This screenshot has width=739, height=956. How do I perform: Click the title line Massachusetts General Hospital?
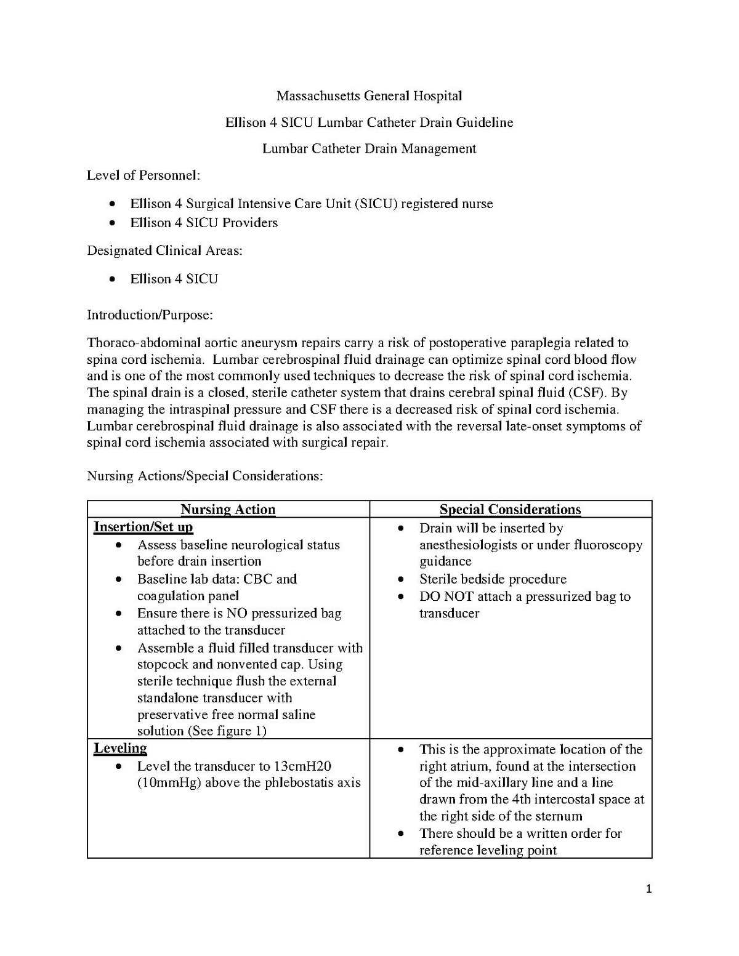(369, 96)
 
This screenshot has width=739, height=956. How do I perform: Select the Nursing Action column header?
(228, 510)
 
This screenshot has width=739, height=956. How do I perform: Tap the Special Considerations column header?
(510, 510)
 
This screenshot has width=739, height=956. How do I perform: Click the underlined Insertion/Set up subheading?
(143, 527)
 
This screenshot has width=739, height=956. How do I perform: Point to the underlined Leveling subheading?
(120, 749)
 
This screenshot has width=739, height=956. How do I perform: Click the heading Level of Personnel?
(143, 175)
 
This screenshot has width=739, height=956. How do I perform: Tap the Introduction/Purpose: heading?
(150, 315)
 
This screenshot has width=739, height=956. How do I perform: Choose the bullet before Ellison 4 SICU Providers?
(111, 223)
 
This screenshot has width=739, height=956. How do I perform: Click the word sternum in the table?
(559, 817)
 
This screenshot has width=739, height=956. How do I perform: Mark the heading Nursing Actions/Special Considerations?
(204, 476)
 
